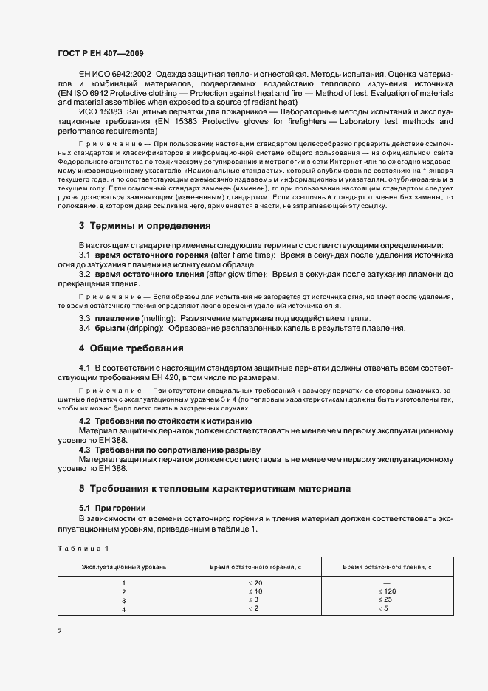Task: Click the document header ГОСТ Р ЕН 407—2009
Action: click(100, 53)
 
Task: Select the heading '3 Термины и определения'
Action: click(145, 226)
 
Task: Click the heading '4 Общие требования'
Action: click(131, 348)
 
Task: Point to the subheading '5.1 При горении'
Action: click(112, 508)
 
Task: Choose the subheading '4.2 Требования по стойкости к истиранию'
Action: click(165, 421)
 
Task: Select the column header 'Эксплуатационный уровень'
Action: click(123, 566)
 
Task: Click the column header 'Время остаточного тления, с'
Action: click(388, 566)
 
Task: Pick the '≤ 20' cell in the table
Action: click(255, 583)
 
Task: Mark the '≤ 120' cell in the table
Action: click(388, 592)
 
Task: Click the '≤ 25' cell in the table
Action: click(388, 600)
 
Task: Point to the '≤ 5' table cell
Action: click(388, 609)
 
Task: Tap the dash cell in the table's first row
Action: click(388, 583)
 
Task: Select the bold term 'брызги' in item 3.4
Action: click(111, 328)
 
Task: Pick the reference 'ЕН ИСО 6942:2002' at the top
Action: click(114, 75)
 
